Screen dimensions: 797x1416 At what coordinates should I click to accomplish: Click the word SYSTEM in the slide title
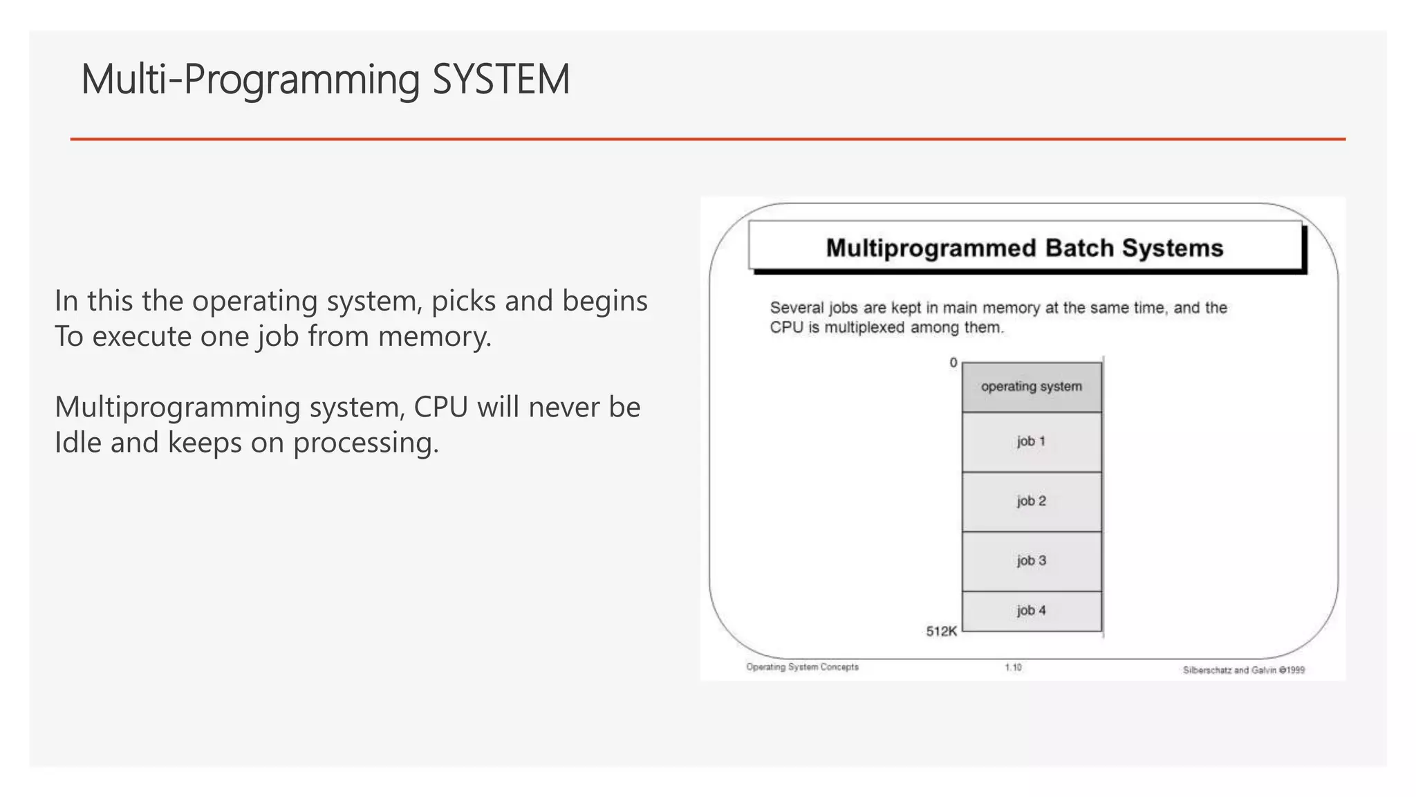tap(501, 80)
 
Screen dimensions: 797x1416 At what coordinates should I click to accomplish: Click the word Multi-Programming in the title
tap(250, 80)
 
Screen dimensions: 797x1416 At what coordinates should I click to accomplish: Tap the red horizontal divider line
tap(707, 139)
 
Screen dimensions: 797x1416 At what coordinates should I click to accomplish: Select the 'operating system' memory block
tap(1031, 387)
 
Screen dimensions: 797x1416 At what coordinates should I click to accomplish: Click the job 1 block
tap(1031, 441)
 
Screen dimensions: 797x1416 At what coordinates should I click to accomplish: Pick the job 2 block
tap(1031, 501)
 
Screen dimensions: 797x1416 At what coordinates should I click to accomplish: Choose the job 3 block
tap(1031, 560)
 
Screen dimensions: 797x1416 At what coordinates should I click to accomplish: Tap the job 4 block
tap(1031, 610)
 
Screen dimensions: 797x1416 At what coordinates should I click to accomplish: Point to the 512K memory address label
tap(941, 631)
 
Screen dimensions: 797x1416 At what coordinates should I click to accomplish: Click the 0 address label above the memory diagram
tap(953, 363)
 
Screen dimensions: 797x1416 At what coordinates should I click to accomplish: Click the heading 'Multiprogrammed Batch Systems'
tap(1024, 248)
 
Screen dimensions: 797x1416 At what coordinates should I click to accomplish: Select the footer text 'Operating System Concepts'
tap(802, 667)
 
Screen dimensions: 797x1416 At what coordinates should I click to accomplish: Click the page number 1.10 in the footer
tap(1013, 668)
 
